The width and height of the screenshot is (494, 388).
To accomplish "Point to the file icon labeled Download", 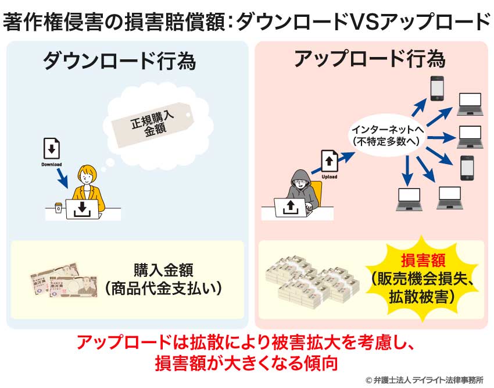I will tap(52, 151).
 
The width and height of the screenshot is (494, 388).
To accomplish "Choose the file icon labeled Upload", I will tap(329, 161).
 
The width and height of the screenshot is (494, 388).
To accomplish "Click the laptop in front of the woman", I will tap(83, 209).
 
